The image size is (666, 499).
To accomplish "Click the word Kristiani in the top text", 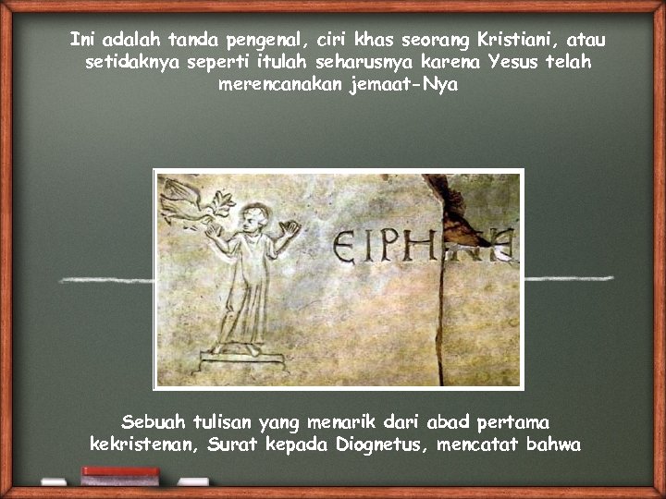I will [512, 41].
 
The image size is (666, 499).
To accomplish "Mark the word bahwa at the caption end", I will [553, 444].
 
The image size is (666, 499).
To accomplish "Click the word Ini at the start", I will [84, 41].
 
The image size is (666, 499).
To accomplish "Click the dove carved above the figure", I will [189, 202].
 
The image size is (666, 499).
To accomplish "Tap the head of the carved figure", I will [249, 219].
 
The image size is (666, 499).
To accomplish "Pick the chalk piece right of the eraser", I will [192, 481].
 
